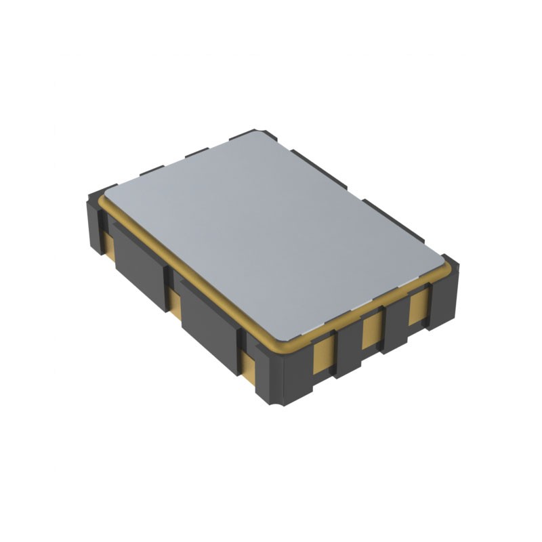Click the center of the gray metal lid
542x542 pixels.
(x=274, y=234)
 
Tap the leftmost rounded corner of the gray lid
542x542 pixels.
(x=108, y=194)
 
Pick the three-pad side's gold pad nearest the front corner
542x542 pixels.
(x=325, y=354)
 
